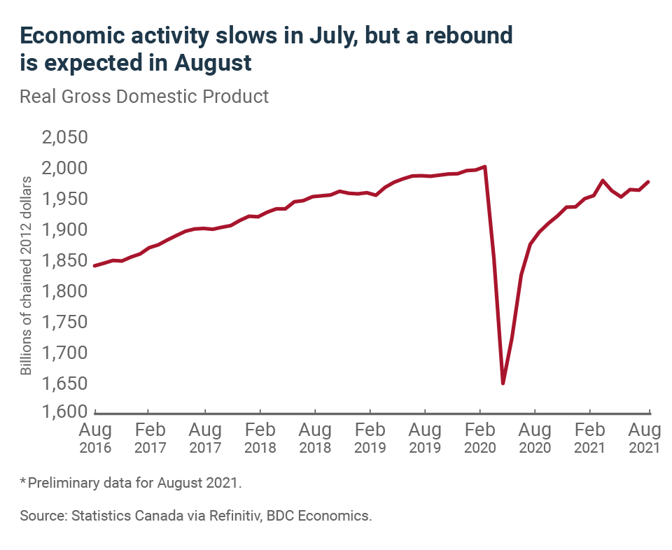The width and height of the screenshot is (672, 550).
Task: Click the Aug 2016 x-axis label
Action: point(95,437)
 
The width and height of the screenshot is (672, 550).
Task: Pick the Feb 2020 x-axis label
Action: point(480,437)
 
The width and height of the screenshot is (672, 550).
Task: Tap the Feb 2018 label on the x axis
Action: point(260,437)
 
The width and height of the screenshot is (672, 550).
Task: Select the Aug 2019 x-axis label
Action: point(425,437)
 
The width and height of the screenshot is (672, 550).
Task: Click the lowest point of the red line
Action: point(503,383)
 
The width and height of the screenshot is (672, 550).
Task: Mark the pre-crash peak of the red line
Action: point(485,167)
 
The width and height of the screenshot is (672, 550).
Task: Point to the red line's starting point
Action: point(94,266)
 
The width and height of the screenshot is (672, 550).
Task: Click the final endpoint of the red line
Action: point(649,182)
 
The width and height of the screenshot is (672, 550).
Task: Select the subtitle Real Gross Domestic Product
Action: point(144,96)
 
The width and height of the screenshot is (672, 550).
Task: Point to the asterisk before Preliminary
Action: point(23,481)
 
